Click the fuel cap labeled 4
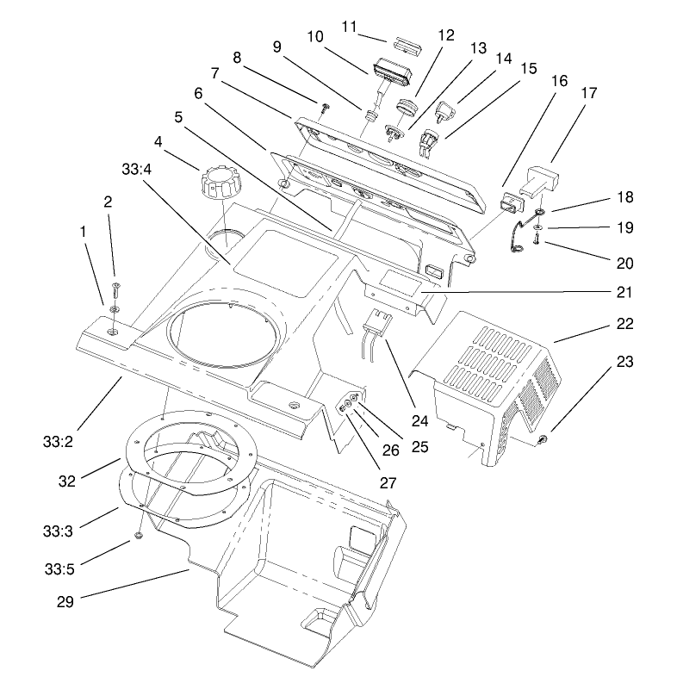(217, 183)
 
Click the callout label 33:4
(138, 170)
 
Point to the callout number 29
(66, 601)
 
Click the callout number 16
(559, 80)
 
